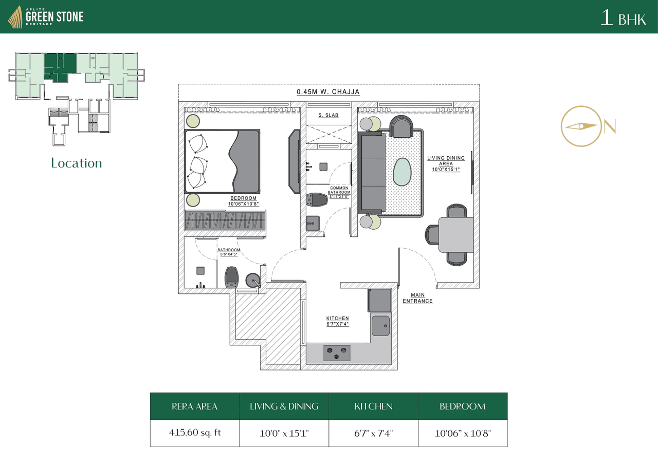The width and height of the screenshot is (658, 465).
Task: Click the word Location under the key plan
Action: tap(77, 163)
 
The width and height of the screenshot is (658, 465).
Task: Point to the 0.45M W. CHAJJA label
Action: tap(328, 92)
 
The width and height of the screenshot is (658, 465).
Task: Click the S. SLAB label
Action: tap(328, 115)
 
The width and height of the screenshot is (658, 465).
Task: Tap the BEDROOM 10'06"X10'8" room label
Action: tap(243, 201)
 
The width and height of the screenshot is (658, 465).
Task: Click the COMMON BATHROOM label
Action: tap(339, 192)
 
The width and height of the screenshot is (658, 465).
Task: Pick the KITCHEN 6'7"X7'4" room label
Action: tap(337, 321)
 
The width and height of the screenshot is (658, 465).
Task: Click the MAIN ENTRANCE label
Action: tap(417, 298)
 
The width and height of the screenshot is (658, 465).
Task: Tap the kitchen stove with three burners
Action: tap(337, 353)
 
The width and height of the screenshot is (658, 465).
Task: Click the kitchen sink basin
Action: tap(380, 325)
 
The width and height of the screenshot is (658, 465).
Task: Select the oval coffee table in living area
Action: tap(402, 172)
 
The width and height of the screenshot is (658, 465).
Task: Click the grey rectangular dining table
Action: tap(455, 234)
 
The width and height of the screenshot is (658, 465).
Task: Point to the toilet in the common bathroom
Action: tap(316, 199)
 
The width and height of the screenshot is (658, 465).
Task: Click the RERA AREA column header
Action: tap(194, 406)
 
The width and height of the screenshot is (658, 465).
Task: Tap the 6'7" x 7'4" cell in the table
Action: tap(373, 433)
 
